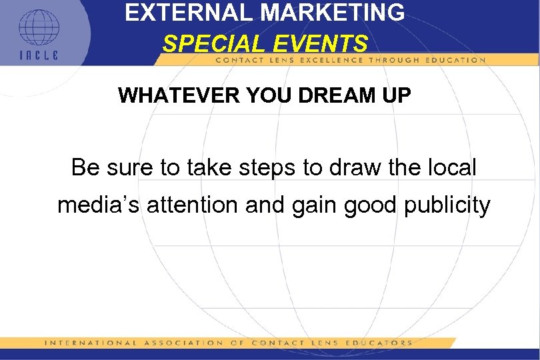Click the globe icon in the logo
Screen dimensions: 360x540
tap(39, 28)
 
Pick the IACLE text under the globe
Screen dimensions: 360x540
tap(38, 55)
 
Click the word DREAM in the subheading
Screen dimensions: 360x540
tap(334, 95)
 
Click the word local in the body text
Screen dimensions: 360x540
tap(452, 167)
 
